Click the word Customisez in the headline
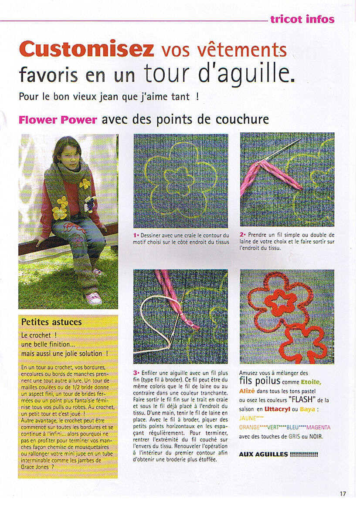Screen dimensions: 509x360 (x=86, y=49)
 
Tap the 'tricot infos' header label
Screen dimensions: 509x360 (x=302, y=19)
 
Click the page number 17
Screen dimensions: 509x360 (x=343, y=493)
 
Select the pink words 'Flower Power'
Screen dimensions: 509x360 (x=58, y=120)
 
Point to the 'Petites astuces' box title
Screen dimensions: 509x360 (x=51, y=322)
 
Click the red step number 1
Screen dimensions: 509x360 (x=136, y=235)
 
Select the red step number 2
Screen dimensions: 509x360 (x=242, y=235)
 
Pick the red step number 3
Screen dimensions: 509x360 (x=136, y=373)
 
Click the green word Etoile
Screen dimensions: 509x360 (x=310, y=382)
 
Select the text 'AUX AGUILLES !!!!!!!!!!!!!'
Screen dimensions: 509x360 (x=278, y=455)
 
